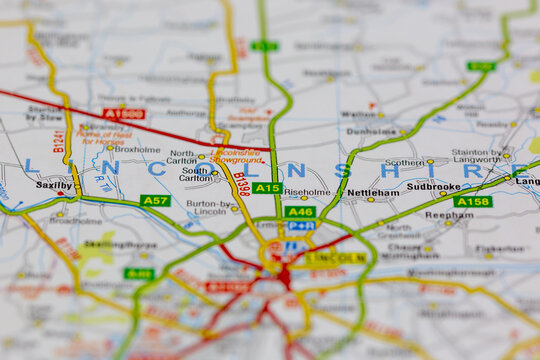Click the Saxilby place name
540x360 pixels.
click(x=54, y=185)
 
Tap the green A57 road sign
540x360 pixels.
click(x=155, y=201)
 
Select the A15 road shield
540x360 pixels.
click(x=266, y=188)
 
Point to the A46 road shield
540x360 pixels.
click(x=300, y=211)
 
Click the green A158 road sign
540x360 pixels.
click(x=473, y=201)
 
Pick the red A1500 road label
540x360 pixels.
click(x=123, y=114)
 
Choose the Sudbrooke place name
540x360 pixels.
click(x=433, y=186)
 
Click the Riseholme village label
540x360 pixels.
click(x=306, y=191)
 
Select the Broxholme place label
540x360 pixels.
click(x=137, y=150)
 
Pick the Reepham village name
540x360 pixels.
click(x=449, y=215)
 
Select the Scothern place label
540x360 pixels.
click(x=404, y=162)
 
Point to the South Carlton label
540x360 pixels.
click(x=196, y=175)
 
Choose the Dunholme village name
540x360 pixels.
click(x=372, y=131)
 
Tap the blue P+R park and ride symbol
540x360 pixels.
click(x=300, y=226)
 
